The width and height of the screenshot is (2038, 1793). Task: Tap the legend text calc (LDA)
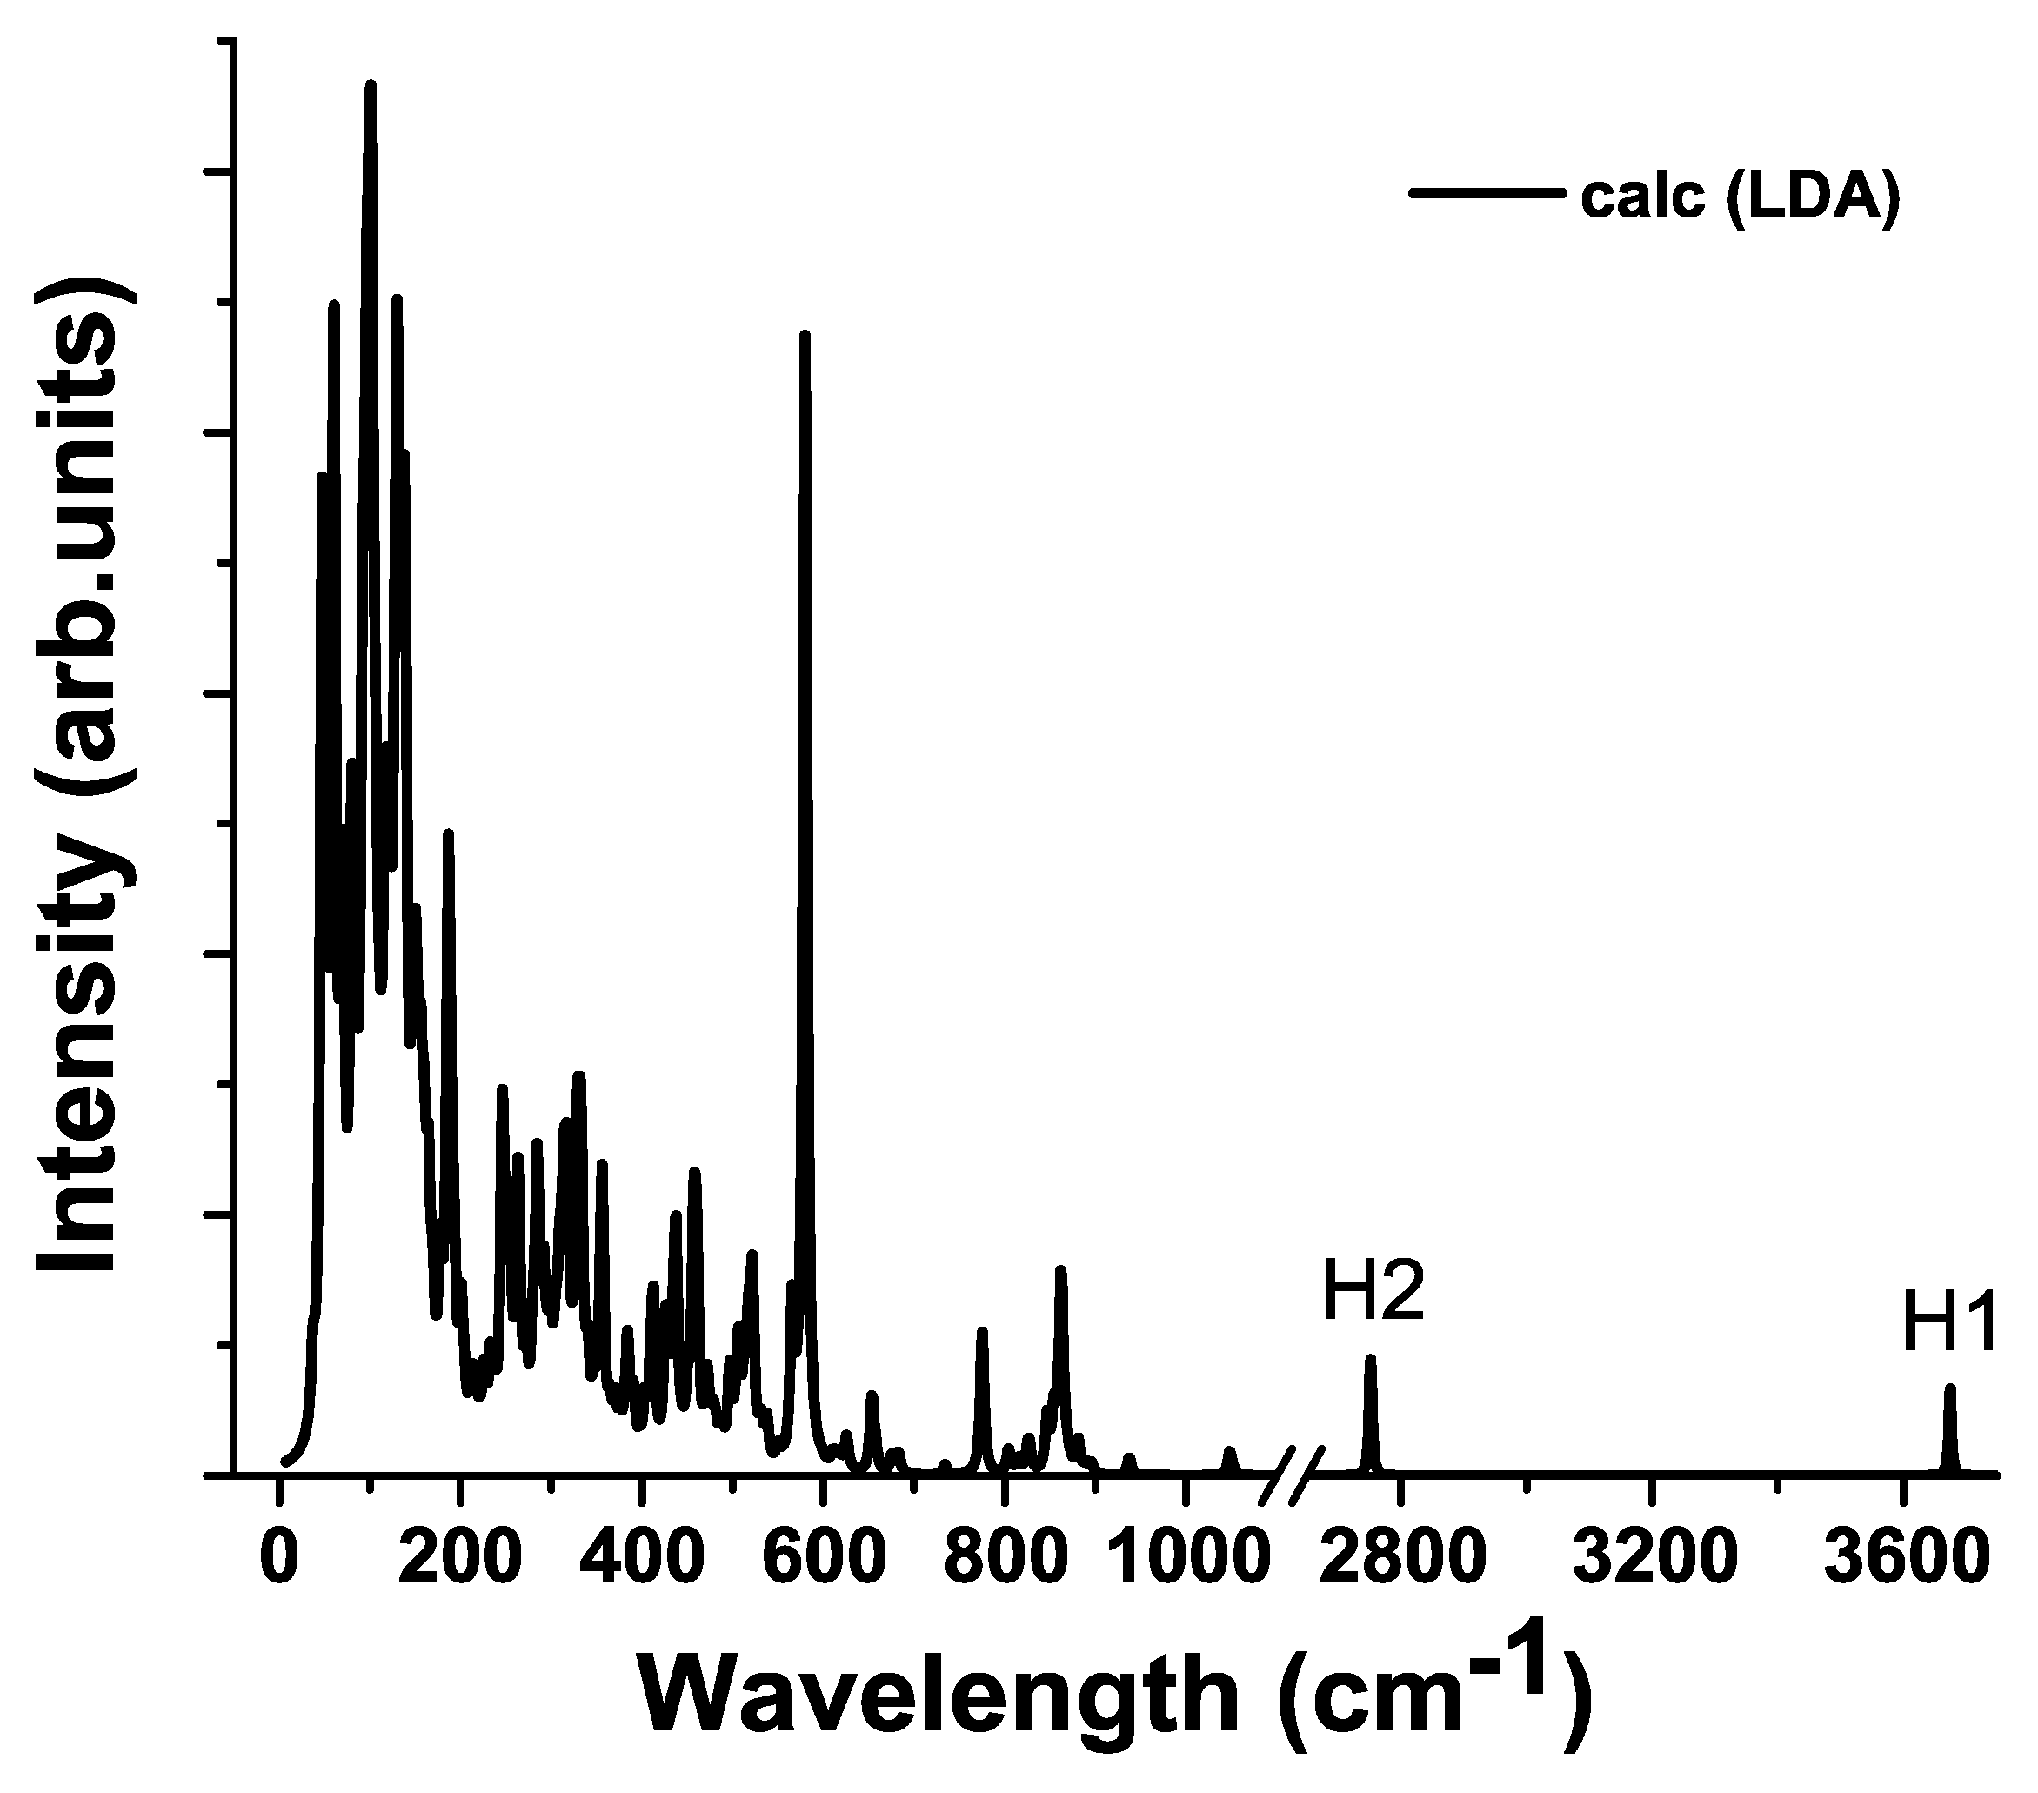click(1740, 197)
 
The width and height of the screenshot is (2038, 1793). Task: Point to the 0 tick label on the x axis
click(279, 1559)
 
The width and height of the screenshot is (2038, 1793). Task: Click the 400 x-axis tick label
click(643, 1559)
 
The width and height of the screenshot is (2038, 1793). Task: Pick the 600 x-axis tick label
click(822, 1559)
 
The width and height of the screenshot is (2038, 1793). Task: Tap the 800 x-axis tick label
click(1004, 1559)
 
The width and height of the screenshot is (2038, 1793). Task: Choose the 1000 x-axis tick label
click(1184, 1559)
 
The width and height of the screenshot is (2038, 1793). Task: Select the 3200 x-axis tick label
click(1654, 1559)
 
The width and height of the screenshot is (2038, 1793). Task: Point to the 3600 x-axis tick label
click(1906, 1559)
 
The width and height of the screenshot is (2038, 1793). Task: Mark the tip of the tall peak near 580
click(805, 335)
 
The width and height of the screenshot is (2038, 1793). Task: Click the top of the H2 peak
click(1370, 1357)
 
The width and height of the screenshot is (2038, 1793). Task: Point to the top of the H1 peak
click(1949, 1387)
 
